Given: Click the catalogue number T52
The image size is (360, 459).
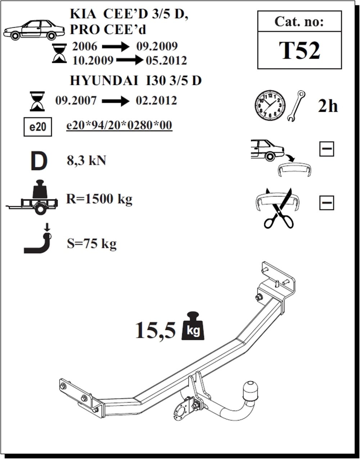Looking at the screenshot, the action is (x=299, y=50).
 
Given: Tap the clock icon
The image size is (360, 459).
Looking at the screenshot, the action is (x=270, y=106).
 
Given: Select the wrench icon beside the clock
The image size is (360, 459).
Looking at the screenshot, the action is (x=296, y=106).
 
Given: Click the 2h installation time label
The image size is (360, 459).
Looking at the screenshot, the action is (x=328, y=106).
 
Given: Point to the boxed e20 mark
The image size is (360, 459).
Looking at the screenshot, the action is (x=38, y=127).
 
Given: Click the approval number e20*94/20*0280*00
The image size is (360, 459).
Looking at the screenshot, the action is (x=119, y=125).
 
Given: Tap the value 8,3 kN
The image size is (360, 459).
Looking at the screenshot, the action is (x=86, y=160).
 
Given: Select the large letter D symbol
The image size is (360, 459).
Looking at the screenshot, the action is (x=39, y=161).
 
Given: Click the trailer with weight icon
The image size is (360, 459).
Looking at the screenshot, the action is (x=32, y=197).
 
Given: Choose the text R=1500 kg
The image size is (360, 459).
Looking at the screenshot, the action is (x=99, y=199).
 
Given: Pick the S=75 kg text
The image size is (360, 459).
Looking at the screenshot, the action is (x=91, y=244).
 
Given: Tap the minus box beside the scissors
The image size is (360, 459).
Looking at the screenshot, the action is (x=327, y=203).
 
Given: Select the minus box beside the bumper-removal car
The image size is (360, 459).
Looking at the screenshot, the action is (x=327, y=149).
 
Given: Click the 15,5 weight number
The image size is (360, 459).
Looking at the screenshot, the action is (x=156, y=330).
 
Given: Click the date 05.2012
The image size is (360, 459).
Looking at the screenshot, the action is (x=166, y=61).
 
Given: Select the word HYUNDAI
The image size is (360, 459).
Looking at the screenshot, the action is (x=104, y=81).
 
